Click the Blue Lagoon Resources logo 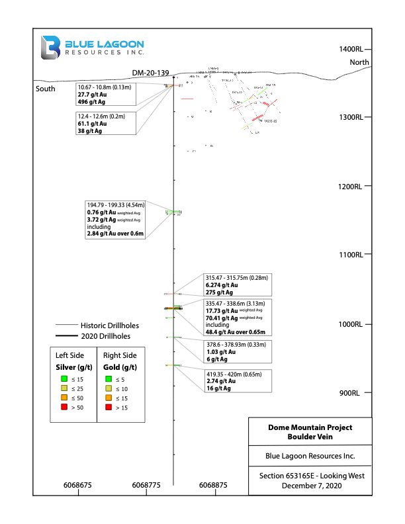[92, 48]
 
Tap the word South [46, 89]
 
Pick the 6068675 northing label [77, 485]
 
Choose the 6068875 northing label [213, 485]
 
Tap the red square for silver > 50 [64, 408]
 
